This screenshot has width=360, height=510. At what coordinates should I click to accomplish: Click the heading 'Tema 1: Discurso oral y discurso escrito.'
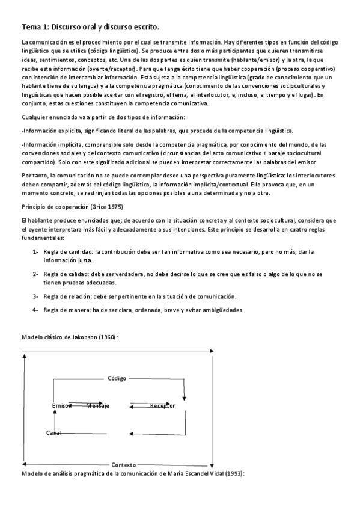pos(90,27)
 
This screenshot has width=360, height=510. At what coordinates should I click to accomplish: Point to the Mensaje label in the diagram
pos(97,406)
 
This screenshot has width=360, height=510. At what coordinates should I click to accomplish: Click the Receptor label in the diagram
pos(162,406)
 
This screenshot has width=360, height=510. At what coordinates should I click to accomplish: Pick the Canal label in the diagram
pos(54,433)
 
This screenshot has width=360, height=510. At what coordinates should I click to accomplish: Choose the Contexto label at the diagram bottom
pos(123,465)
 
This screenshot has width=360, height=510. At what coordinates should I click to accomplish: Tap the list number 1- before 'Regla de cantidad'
pos(36,251)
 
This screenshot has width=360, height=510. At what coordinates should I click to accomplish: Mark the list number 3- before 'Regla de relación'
pos(36,296)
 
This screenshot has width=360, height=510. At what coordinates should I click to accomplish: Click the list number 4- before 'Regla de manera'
pos(36,310)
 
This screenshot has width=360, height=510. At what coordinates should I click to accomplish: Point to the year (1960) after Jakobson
pos(108,337)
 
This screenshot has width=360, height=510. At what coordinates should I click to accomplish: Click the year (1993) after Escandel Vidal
pos(233,473)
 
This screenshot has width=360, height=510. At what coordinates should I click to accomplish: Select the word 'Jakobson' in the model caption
pos(83,337)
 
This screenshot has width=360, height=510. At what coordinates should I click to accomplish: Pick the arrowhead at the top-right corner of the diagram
pos(211,351)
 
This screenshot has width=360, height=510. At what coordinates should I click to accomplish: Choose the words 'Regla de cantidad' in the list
pos(68,251)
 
